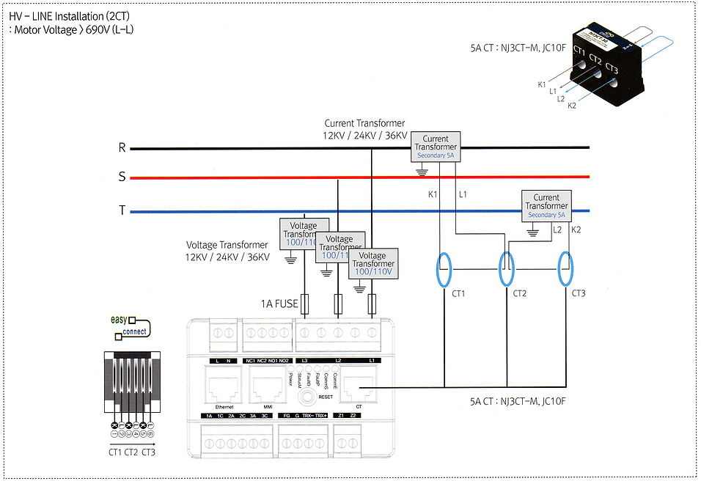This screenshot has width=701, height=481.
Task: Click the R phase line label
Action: coord(122,148)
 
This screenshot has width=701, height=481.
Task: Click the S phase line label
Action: coord(122,177)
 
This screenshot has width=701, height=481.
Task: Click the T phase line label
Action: coord(122,211)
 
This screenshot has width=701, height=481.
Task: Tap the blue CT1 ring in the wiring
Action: coord(444,269)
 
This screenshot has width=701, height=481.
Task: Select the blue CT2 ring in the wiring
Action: coord(505,269)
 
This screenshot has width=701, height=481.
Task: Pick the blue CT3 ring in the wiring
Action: coord(565,269)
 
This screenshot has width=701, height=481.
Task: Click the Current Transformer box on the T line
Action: coord(546,206)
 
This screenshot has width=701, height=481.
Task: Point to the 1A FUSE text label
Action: coord(279,303)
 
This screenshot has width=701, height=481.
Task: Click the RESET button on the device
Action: coord(307,394)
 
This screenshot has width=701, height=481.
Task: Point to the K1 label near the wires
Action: coord(432,195)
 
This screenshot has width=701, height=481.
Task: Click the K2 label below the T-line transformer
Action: coord(576,230)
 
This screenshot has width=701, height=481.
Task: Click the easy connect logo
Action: coord(130,326)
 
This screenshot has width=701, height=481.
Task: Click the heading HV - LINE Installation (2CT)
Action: coord(66,16)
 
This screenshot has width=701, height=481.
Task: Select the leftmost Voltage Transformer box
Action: coord(304,232)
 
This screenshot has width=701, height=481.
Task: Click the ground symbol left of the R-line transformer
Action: coord(421,172)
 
